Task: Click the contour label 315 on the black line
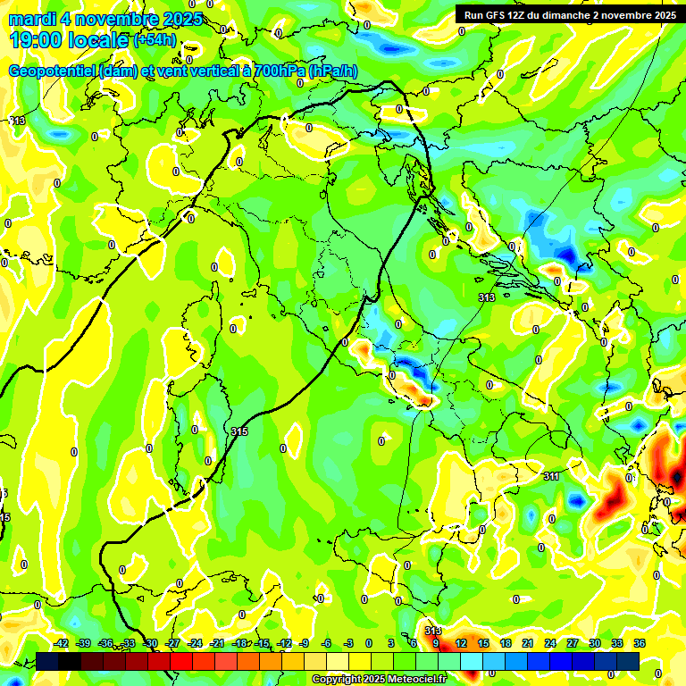[239, 431]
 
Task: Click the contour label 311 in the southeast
[552, 477]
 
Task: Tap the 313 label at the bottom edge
[432, 631]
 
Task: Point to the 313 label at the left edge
[17, 121]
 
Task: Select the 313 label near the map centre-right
[487, 297]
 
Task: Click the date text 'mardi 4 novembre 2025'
[105, 19]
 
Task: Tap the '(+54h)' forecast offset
[155, 40]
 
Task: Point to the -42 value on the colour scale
[62, 643]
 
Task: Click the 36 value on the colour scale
[639, 643]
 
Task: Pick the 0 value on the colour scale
[368, 643]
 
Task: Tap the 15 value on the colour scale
[482, 643]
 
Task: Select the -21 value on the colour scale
[217, 643]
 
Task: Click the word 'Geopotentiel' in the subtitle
[53, 71]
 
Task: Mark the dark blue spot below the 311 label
[575, 502]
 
